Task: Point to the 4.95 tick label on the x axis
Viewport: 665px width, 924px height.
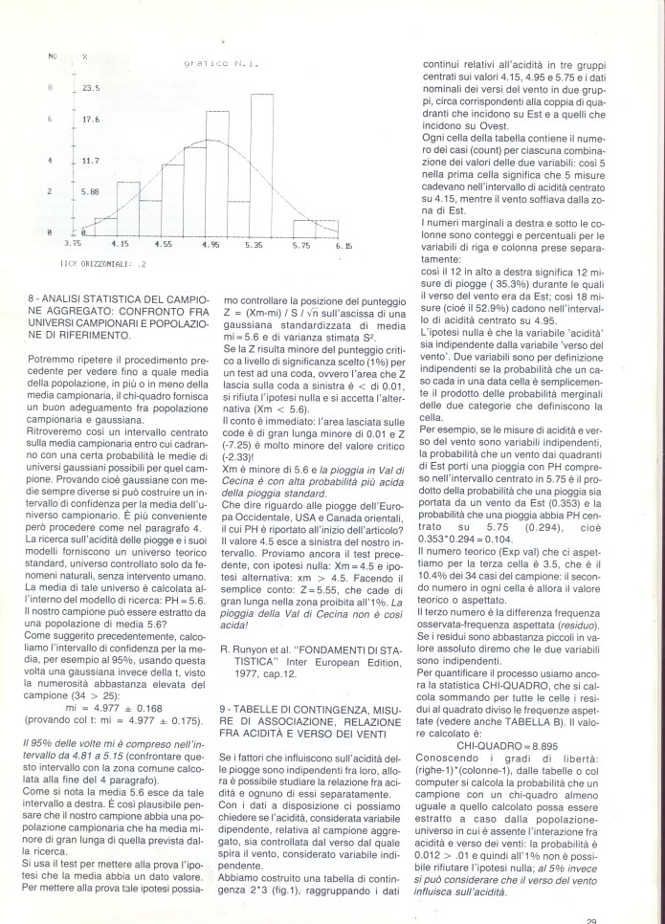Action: [x=211, y=246]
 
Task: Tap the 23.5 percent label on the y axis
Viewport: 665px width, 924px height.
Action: [x=91, y=88]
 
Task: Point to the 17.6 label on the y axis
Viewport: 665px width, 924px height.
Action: [x=91, y=121]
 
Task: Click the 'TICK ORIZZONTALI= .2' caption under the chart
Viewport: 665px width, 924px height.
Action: [x=93, y=260]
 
